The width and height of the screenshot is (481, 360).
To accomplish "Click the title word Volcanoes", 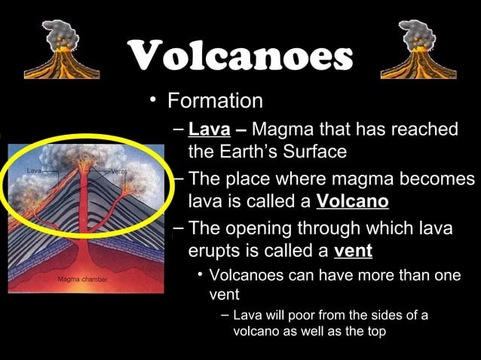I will point(240,56).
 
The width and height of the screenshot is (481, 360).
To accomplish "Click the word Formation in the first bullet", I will point(215,101).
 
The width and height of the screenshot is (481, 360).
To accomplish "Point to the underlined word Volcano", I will point(353,202).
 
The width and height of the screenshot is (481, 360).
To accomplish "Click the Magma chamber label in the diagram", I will point(83,279).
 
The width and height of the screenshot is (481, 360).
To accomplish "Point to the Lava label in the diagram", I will point(34,172).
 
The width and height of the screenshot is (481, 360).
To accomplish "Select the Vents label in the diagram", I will point(119,172).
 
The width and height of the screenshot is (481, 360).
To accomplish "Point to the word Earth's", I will point(261,152).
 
